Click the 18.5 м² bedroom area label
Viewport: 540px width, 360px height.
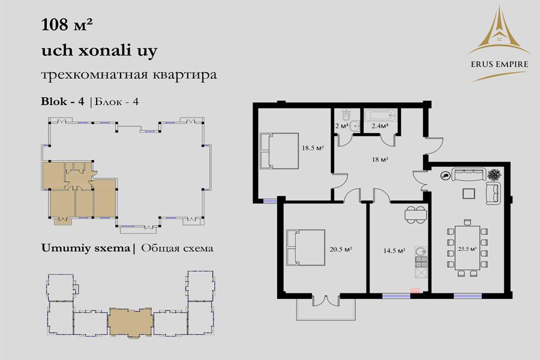pyautogui.click(x=313, y=148)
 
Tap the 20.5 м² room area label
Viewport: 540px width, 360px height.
pyautogui.click(x=341, y=250)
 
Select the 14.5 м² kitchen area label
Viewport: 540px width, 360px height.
pyautogui.click(x=394, y=251)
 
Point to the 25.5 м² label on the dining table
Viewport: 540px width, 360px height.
pyautogui.click(x=467, y=249)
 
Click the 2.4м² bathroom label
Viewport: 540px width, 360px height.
pyautogui.click(x=380, y=126)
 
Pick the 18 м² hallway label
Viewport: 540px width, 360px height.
pyautogui.click(x=380, y=160)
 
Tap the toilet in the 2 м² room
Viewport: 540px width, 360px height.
pyautogui.click(x=346, y=115)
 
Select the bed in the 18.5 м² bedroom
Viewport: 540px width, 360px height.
pyautogui.click(x=279, y=151)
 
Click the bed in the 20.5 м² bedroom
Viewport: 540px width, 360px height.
pyautogui.click(x=305, y=248)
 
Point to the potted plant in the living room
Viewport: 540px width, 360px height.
pyautogui.click(x=494, y=175)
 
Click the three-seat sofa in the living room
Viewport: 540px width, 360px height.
pyautogui.click(x=469, y=175)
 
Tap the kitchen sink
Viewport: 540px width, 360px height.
pyautogui.click(x=421, y=251)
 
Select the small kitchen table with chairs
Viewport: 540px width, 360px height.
pyautogui.click(x=416, y=215)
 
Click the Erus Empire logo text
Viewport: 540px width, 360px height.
pyautogui.click(x=499, y=64)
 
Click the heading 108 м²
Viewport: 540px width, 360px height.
pyautogui.click(x=67, y=25)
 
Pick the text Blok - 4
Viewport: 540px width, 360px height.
pyautogui.click(x=62, y=101)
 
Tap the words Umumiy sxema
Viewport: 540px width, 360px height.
pyautogui.click(x=85, y=248)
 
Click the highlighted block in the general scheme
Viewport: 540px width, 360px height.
pyautogui.click(x=130, y=322)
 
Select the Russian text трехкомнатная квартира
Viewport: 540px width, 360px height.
pyautogui.click(x=129, y=75)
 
